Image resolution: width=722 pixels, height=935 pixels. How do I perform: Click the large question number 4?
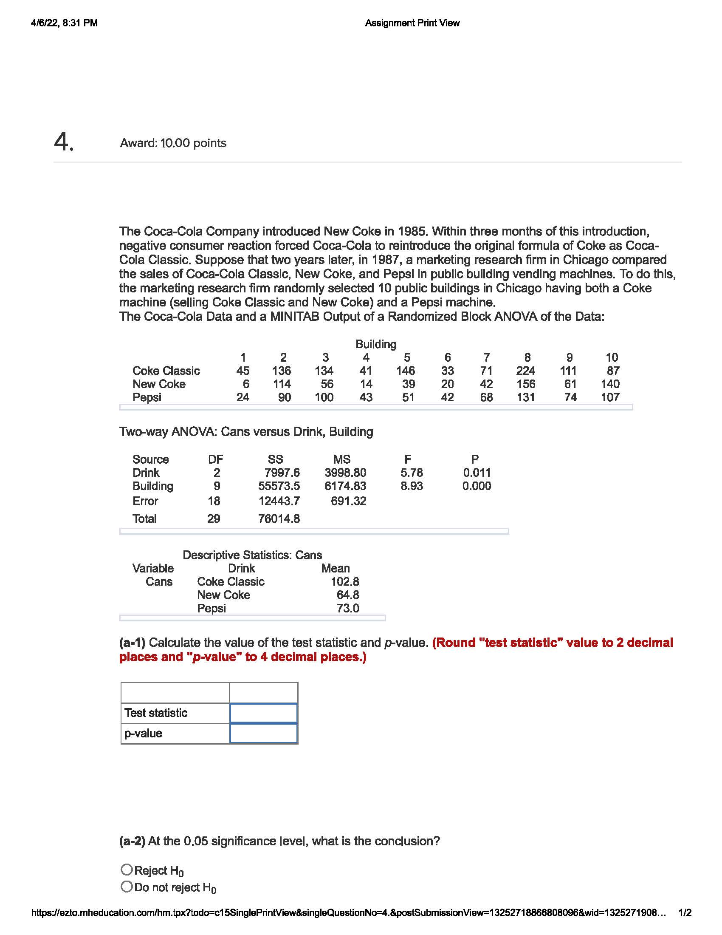[x=64, y=142]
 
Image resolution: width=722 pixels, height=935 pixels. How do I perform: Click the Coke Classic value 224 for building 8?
[x=525, y=370]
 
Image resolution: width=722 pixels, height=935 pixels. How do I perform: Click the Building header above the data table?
[x=375, y=344]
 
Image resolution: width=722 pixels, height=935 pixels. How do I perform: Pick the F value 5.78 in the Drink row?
[x=412, y=473]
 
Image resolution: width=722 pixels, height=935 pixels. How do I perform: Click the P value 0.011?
[x=477, y=473]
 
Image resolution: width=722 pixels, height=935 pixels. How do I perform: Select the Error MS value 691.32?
[x=348, y=501]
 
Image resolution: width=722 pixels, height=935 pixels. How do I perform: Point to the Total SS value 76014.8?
[x=279, y=518]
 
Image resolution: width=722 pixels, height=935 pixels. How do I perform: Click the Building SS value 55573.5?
[x=279, y=486]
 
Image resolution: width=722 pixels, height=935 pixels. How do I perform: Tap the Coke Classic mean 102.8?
[x=345, y=581]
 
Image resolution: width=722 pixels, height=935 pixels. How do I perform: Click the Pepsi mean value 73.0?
[x=347, y=608]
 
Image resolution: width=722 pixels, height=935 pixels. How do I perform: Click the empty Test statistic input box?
[x=263, y=713]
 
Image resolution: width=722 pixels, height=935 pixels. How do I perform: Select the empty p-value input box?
[x=263, y=733]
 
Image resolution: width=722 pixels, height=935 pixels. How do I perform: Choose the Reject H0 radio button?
[x=127, y=870]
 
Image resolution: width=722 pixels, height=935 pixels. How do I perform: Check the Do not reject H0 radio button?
[x=127, y=887]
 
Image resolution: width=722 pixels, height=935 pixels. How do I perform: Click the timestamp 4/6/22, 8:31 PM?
[x=64, y=23]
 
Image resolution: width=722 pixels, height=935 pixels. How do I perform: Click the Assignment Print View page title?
[x=412, y=23]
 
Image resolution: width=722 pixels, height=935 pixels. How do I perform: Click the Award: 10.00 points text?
[x=173, y=143]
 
